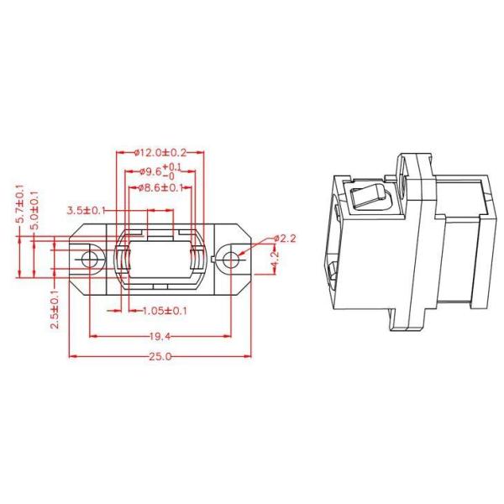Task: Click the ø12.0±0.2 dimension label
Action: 160,152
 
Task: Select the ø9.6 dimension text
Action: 150,172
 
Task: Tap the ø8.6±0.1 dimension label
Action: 160,187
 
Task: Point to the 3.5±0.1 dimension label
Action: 87,211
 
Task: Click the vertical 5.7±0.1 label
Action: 21,204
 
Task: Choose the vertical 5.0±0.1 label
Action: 34,210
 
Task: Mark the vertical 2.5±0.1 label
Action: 55,309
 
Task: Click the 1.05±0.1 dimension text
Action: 165,311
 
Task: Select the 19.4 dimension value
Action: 160,337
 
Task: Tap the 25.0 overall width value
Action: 160,356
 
